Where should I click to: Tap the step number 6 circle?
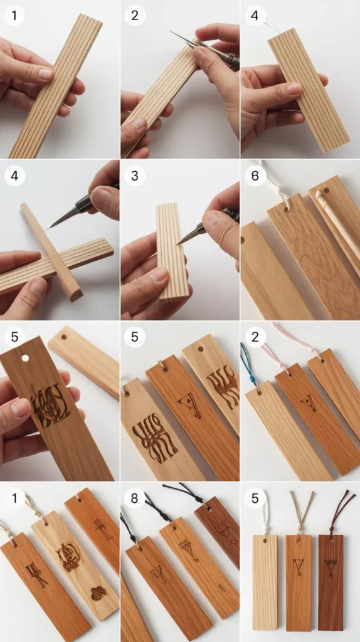255,176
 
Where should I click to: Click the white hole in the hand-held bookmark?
25,358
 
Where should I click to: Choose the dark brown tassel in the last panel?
339,508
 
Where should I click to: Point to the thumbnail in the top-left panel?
45,73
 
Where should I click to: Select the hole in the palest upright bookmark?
265,540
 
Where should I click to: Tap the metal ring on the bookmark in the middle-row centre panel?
161,365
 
